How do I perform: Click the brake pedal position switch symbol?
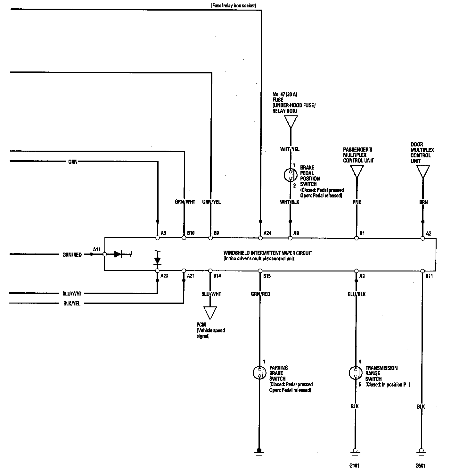pyautogui.click(x=290, y=175)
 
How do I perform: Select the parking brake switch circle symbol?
pyautogui.click(x=259, y=372)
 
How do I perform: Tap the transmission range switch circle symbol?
pyautogui.click(x=356, y=373)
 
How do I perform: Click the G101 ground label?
pyautogui.click(x=354, y=466)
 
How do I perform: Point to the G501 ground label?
pyautogui.click(x=420, y=466)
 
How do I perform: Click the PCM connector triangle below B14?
pyautogui.click(x=210, y=313)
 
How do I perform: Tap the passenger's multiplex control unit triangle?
pyautogui.click(x=357, y=171)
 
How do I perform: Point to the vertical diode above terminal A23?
pyautogui.click(x=157, y=261)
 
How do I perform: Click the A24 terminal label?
pyautogui.click(x=267, y=233)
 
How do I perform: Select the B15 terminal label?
pyautogui.click(x=267, y=276)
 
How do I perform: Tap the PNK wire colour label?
pyautogui.click(x=357, y=202)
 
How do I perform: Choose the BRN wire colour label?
pyautogui.click(x=423, y=202)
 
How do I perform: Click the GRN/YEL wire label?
pyautogui.click(x=211, y=202)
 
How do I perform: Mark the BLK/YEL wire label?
pyautogui.click(x=72, y=304)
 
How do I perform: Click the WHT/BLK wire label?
pyautogui.click(x=289, y=202)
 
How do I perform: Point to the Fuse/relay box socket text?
pyautogui.click(x=234, y=5)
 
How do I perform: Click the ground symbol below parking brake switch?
pyautogui.click(x=259, y=454)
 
